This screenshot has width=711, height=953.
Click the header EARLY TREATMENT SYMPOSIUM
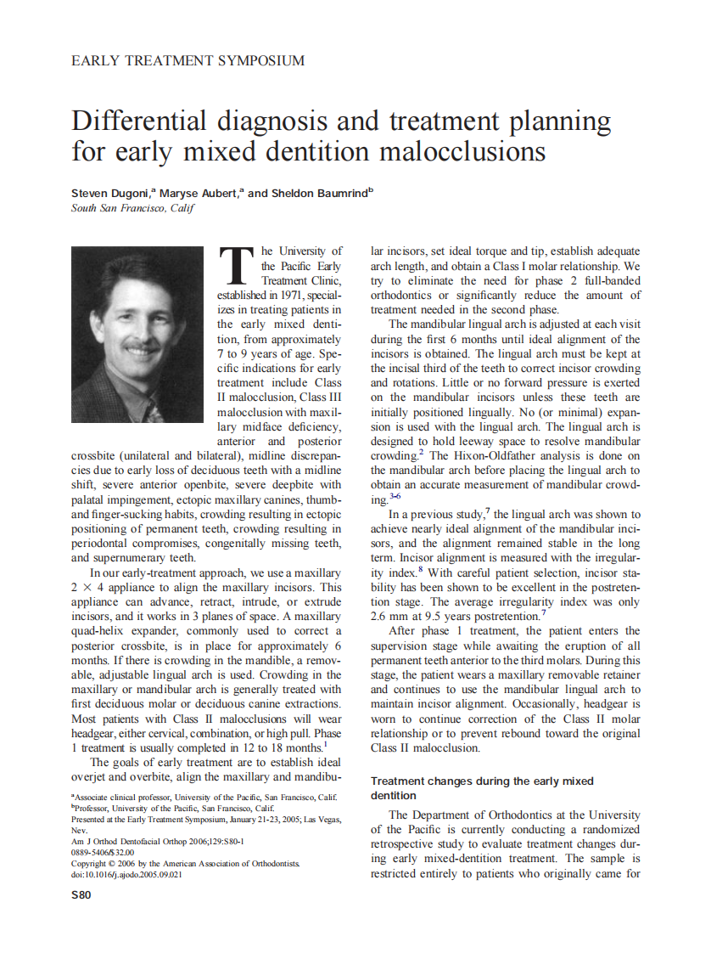coord(188,61)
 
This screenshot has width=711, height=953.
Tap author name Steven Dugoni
coord(109,194)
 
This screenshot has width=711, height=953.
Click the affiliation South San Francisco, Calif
coord(133,208)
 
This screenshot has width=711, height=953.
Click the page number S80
coord(81,894)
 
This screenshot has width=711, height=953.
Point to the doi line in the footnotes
coord(126,874)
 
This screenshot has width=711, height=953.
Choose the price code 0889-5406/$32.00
coord(103,852)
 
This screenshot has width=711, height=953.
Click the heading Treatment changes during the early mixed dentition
coord(481,788)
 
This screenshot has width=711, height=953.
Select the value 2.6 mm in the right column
coord(392,615)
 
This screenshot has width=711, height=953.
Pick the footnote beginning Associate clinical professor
coord(204,798)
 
